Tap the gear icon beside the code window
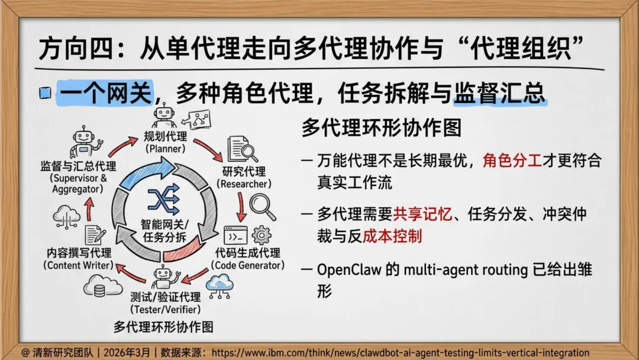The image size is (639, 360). [261, 236]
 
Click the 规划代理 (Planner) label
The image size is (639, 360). [165, 142]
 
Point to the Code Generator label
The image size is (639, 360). [247, 259]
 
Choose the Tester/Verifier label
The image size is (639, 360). [165, 303]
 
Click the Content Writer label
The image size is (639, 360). [79, 259]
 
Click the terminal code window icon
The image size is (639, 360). [235, 235]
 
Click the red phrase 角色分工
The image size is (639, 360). [512, 160]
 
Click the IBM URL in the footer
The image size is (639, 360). [400, 352]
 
